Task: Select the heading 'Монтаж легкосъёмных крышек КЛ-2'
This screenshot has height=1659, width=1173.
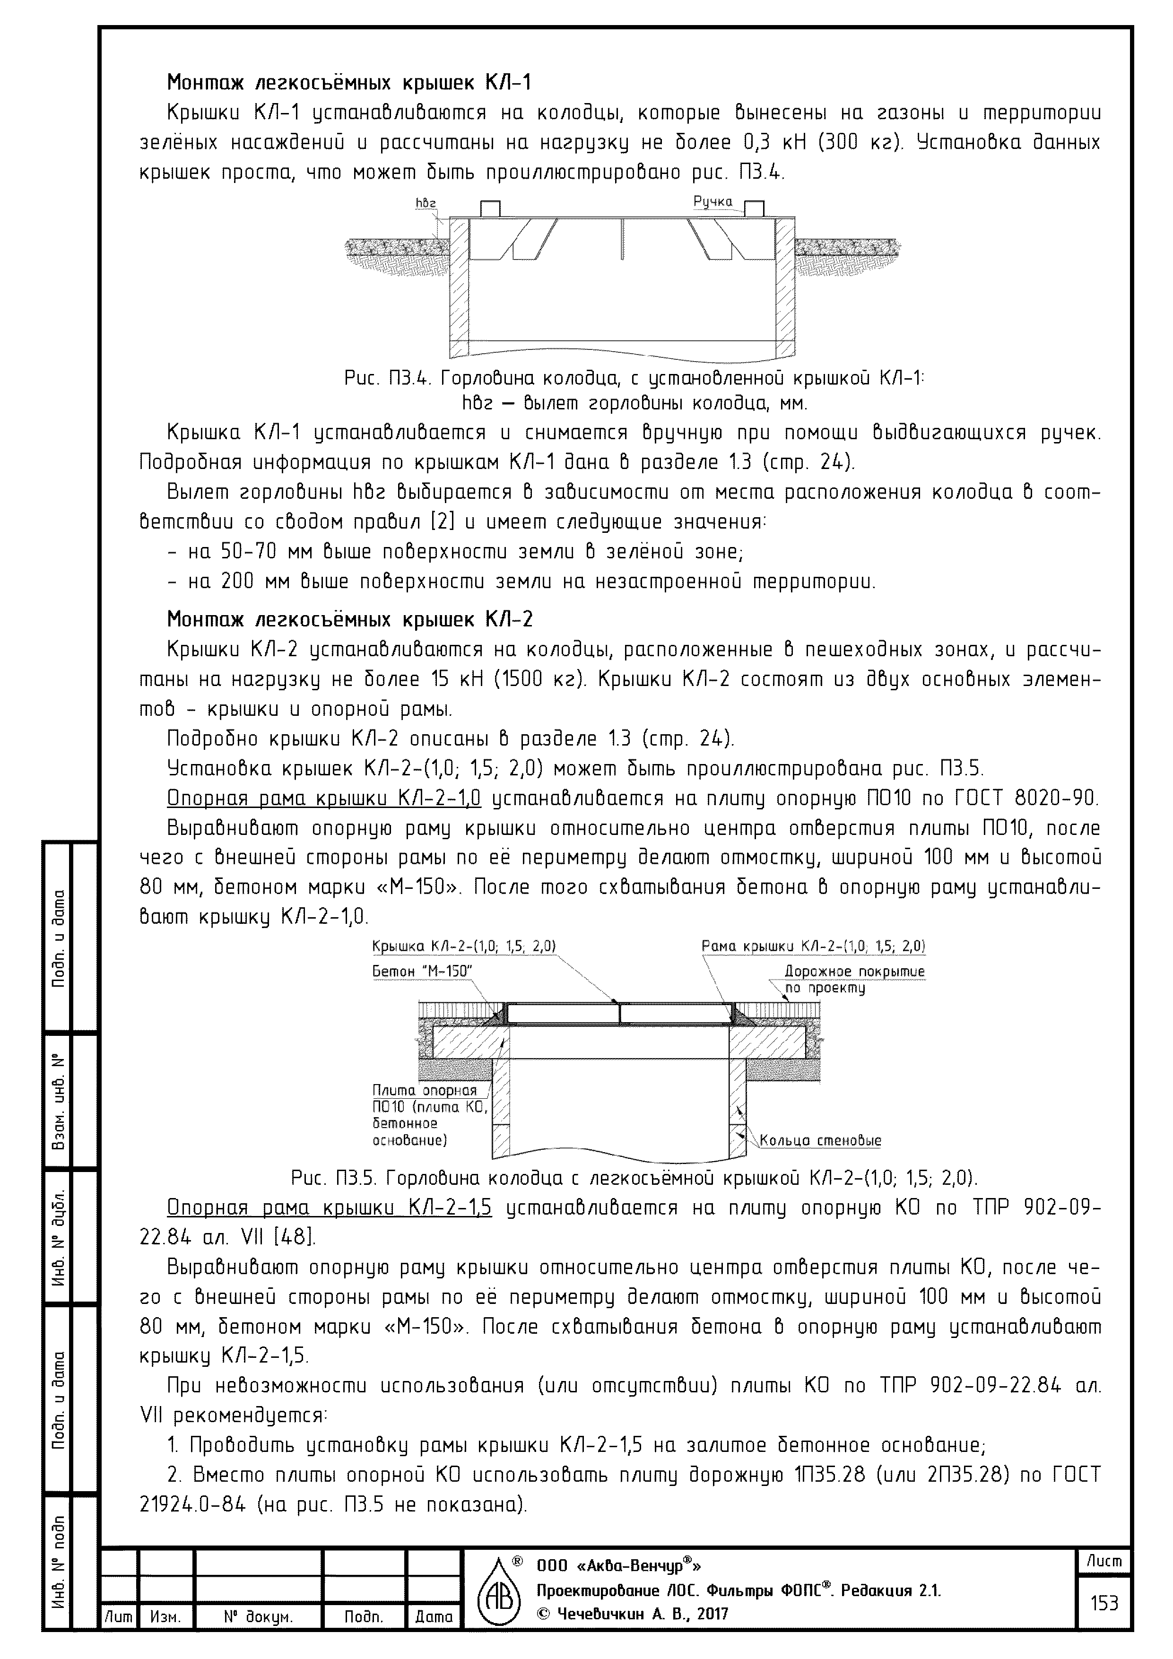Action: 350,619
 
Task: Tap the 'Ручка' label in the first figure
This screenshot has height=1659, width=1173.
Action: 712,201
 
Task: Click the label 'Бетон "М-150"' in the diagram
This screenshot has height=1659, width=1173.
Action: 422,972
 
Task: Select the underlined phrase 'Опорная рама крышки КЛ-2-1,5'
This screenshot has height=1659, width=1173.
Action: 329,1208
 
